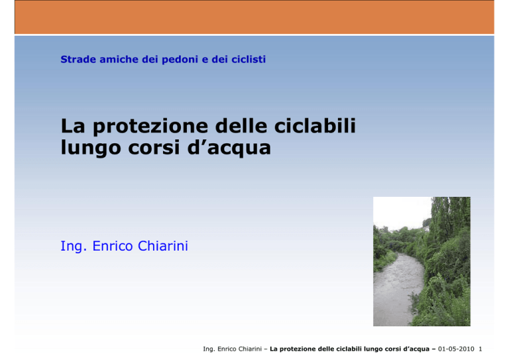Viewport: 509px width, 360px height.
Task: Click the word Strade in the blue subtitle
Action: pos(78,60)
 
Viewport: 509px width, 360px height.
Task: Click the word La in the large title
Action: pos(73,125)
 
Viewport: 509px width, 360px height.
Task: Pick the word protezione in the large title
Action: pos(150,127)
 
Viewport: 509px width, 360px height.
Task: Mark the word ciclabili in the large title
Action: pos(315,125)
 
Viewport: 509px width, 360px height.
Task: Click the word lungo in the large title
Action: pos(91,149)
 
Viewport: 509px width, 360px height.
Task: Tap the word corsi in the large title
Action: pos(154,147)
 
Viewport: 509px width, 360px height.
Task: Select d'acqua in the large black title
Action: pos(229,149)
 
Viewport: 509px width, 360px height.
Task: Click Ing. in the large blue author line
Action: pos(74,247)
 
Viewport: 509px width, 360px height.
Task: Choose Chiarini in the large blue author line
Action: pos(163,246)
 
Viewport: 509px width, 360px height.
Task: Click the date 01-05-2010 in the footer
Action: pos(456,349)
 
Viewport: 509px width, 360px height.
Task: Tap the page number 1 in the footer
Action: pos(481,349)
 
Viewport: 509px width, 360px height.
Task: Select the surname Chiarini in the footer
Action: pos(250,349)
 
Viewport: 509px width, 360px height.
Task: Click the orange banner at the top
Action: pos(254,17)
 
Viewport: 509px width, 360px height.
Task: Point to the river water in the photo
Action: pos(396,289)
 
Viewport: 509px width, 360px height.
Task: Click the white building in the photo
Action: pos(426,229)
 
